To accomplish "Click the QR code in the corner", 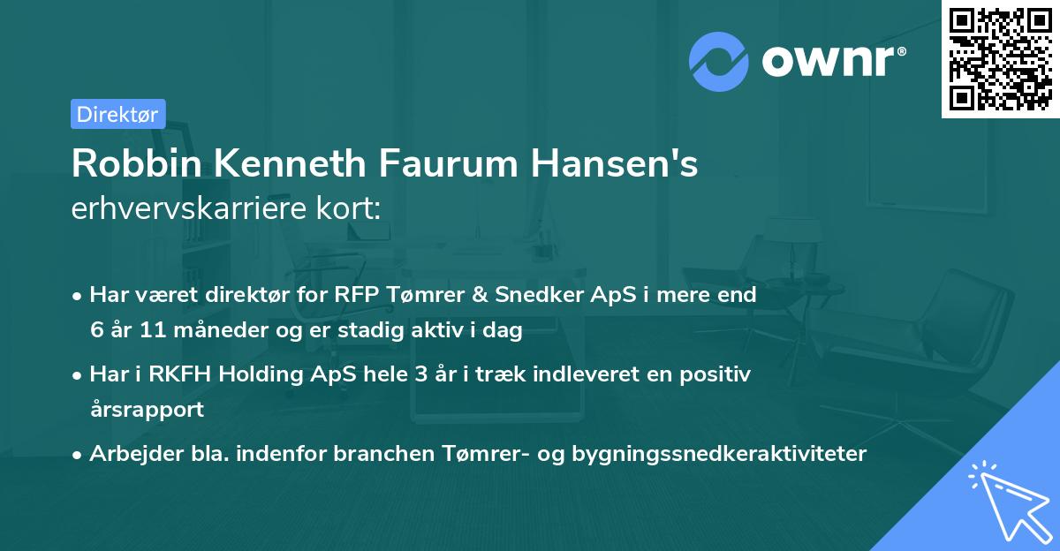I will (x=1000, y=59).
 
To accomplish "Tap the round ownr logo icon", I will (x=719, y=59).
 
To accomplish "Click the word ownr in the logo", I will (x=833, y=60).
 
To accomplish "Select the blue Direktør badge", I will (x=117, y=113).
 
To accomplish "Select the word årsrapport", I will (x=147, y=410).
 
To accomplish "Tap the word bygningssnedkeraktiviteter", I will (x=720, y=454).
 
